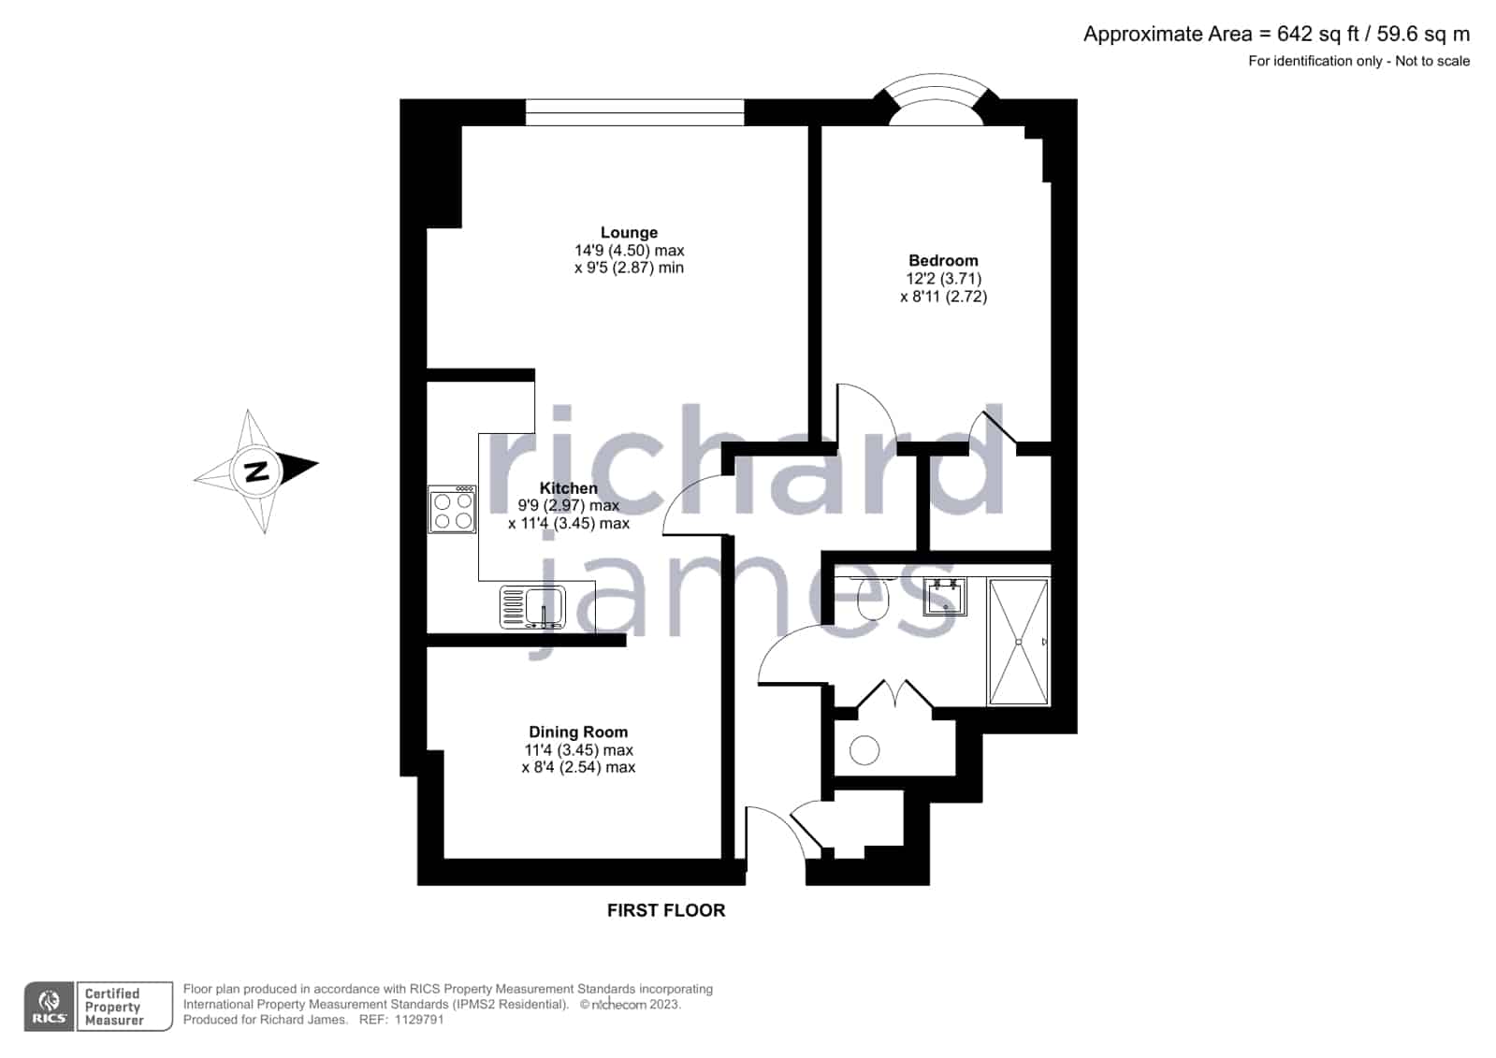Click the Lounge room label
[x=629, y=232]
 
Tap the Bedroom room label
[x=943, y=260]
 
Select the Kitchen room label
[x=568, y=488]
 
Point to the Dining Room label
[x=578, y=732]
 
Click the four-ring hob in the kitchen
[x=452, y=509]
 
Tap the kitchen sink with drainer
[x=533, y=607]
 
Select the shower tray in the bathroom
[x=1019, y=642]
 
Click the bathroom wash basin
[x=945, y=597]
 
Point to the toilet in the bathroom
[x=874, y=597]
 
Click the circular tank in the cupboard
[x=864, y=750]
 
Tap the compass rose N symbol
[x=257, y=471]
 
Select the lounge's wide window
[x=634, y=112]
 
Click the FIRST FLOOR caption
[x=666, y=910]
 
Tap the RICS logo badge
[x=50, y=1007]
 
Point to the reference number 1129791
[x=419, y=1020]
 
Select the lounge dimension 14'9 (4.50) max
[x=629, y=251]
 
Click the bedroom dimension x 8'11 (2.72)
[x=943, y=297]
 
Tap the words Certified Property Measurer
[x=113, y=1007]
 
